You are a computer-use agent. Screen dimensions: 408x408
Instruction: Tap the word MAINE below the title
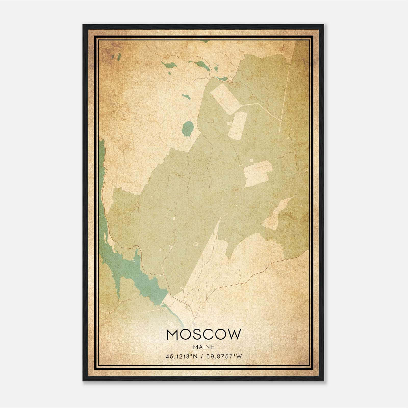pos(203,347)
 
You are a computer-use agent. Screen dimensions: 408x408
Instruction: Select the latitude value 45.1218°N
pos(182,356)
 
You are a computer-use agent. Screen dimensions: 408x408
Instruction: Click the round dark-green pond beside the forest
pos(188,129)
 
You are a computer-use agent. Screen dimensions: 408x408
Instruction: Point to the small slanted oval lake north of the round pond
pos(186,97)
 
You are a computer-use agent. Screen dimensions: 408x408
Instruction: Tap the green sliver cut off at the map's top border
pos(205,41)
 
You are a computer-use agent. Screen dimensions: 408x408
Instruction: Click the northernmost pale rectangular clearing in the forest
pos(225,99)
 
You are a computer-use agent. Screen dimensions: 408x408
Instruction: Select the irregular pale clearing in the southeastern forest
pos(277,215)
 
